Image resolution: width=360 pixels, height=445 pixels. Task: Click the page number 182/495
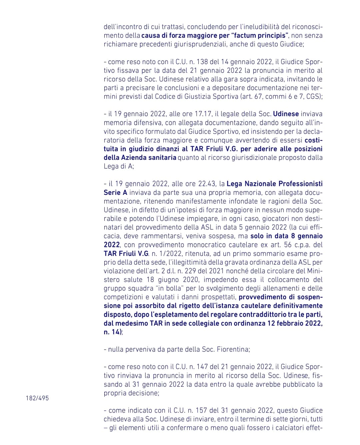[x=37, y=398]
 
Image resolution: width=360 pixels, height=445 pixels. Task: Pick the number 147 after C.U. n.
[x=202, y=367]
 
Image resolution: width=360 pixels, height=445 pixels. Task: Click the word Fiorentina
[x=232, y=349]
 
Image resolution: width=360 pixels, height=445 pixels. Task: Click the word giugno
[x=168, y=280]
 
